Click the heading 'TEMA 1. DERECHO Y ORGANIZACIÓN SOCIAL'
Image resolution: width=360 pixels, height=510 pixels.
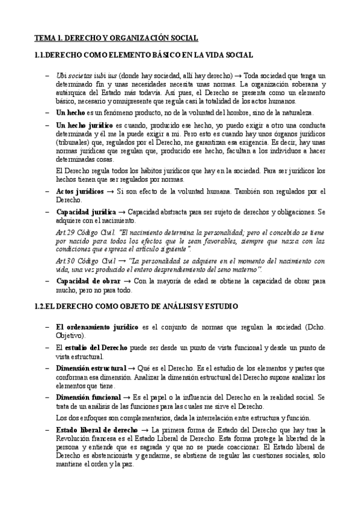[x=116, y=38]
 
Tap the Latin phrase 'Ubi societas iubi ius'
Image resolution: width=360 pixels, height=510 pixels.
[x=84, y=76]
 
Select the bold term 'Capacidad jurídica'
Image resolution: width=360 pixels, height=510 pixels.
[x=85, y=212]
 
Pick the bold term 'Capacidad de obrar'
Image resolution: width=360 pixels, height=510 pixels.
[x=88, y=281]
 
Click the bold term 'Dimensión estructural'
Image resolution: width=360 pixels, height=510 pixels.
[x=91, y=367]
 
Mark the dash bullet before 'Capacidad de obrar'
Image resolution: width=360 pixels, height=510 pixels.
[x=47, y=281]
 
